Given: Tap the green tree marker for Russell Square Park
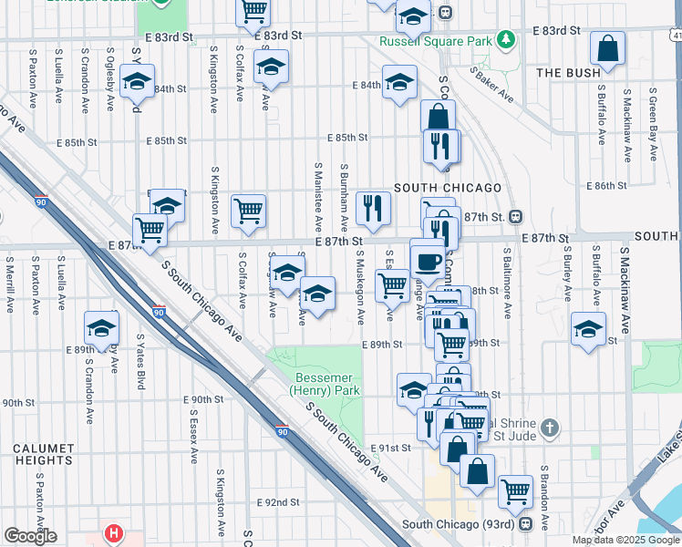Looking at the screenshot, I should (505, 41).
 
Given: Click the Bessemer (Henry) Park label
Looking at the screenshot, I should (325, 384).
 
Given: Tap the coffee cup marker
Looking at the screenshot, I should (428, 261).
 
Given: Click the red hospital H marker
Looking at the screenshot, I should (114, 532).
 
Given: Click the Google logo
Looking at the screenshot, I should (30, 536).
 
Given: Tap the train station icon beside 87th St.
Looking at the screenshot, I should (515, 217).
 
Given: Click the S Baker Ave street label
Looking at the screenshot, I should (491, 84).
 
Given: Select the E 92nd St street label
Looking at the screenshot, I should (278, 502).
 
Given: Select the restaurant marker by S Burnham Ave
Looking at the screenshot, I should (372, 210).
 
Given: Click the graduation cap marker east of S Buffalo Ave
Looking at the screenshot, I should (588, 330).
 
